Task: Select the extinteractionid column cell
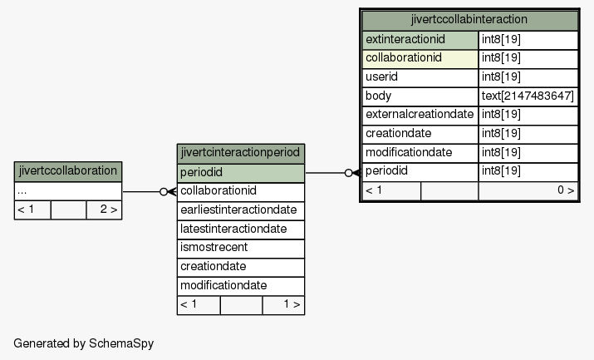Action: click(x=420, y=40)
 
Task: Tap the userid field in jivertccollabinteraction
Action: click(x=420, y=77)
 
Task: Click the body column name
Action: click(x=420, y=96)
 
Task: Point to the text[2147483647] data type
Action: click(x=528, y=96)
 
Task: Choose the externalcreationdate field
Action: click(x=420, y=116)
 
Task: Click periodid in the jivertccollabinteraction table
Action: click(x=420, y=171)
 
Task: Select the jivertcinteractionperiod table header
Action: click(x=241, y=153)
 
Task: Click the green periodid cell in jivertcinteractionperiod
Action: click(x=241, y=173)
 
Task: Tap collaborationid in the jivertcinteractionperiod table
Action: click(x=241, y=192)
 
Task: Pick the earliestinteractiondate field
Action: click(x=241, y=210)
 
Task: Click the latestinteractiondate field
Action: click(x=241, y=229)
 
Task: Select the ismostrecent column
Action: click(x=241, y=249)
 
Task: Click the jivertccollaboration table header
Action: click(x=68, y=171)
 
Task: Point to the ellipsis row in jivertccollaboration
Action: click(x=68, y=191)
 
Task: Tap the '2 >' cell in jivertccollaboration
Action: click(x=104, y=210)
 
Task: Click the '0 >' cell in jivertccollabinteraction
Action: click(x=528, y=191)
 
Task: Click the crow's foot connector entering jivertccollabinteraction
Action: click(x=356, y=173)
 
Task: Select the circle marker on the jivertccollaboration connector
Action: click(x=164, y=192)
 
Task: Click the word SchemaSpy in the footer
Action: click(x=121, y=343)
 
